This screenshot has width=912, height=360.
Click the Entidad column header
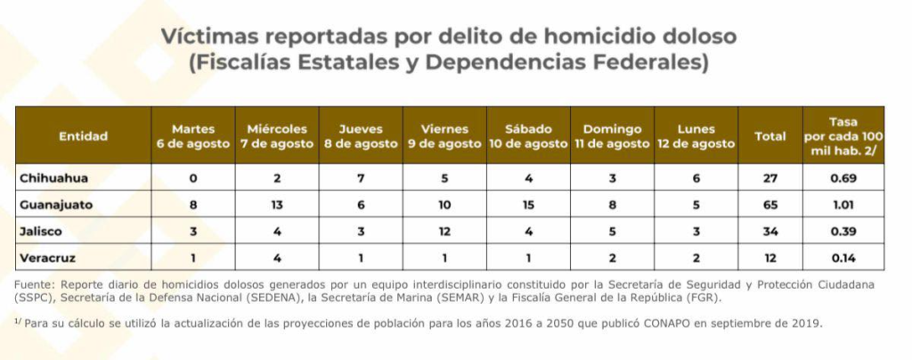click(83, 136)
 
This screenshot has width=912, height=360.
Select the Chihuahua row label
click(54, 177)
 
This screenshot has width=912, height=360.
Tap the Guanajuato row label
click(58, 204)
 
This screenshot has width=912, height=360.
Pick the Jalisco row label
click(42, 231)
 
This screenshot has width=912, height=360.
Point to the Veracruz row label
click(49, 258)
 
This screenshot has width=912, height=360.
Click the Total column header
click(769, 136)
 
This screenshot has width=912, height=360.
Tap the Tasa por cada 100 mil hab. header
click(843, 135)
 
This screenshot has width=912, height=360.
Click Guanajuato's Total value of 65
click(769, 204)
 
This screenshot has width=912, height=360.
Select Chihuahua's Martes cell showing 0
click(193, 177)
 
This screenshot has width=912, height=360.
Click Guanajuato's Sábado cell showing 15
click(528, 204)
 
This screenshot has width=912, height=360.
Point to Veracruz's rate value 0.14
click(843, 258)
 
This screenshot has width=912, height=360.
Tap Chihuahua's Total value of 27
click(769, 177)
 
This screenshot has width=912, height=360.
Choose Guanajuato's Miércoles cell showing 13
click(277, 204)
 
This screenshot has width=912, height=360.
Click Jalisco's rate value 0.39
click(843, 231)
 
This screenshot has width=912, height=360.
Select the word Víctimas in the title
click(204, 37)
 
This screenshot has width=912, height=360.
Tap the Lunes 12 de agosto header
click(696, 136)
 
